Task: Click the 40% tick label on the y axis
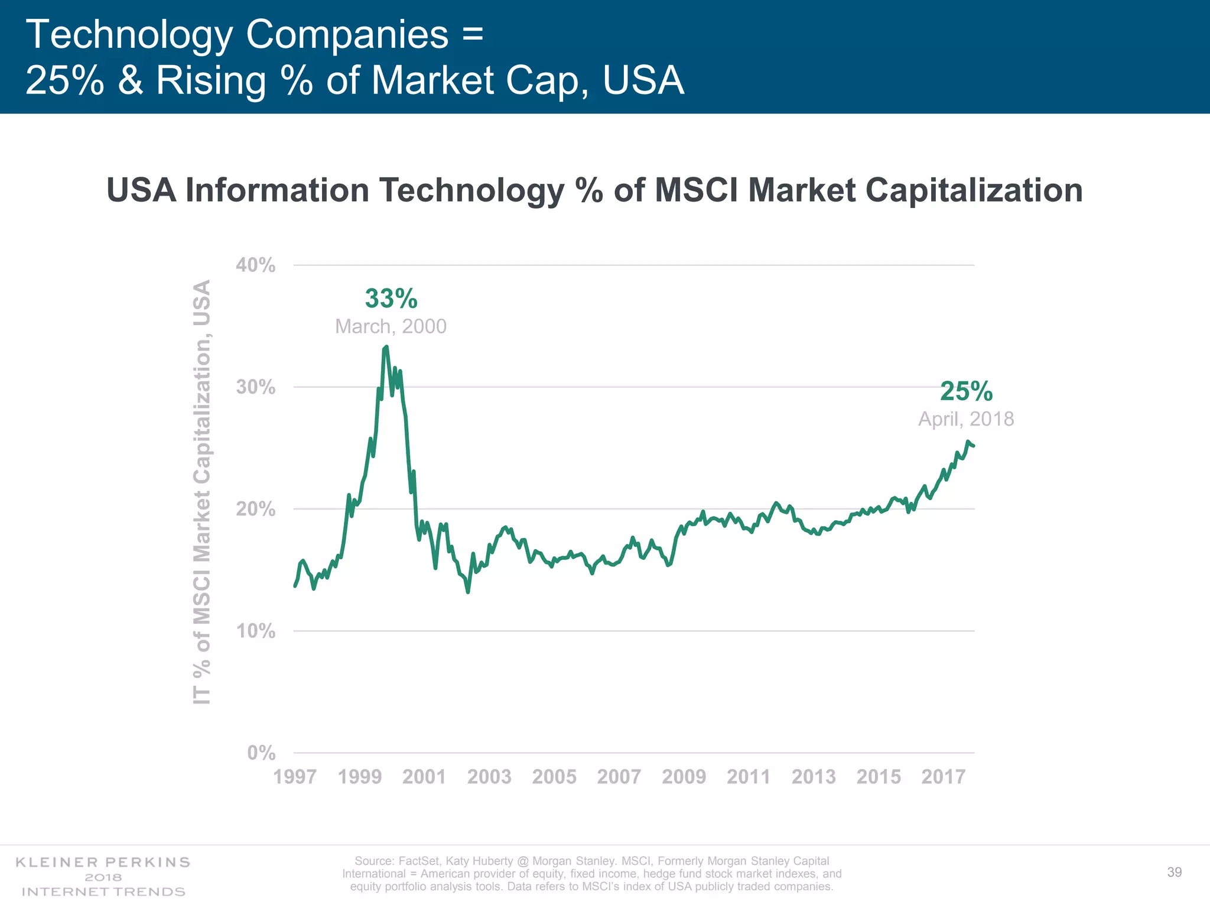pyautogui.click(x=255, y=265)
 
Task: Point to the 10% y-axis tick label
pyautogui.click(x=255, y=631)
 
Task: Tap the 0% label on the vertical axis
pyautogui.click(x=261, y=753)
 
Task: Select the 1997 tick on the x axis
pyautogui.click(x=295, y=776)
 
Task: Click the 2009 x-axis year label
pyautogui.click(x=684, y=776)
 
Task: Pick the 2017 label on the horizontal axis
pyautogui.click(x=943, y=776)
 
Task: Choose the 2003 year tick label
pyautogui.click(x=489, y=776)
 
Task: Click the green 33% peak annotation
pyautogui.click(x=391, y=299)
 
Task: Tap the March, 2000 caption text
pyautogui.click(x=391, y=326)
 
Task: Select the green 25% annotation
pyautogui.click(x=966, y=391)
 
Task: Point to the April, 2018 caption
pyautogui.click(x=965, y=419)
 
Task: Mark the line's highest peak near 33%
pyautogui.click(x=386, y=347)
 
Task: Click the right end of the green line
pyautogui.click(x=973, y=446)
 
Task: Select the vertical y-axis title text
pyautogui.click(x=202, y=492)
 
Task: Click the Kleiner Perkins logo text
pyautogui.click(x=103, y=862)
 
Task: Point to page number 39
pyautogui.click(x=1174, y=873)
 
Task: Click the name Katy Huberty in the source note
pyautogui.click(x=479, y=861)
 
